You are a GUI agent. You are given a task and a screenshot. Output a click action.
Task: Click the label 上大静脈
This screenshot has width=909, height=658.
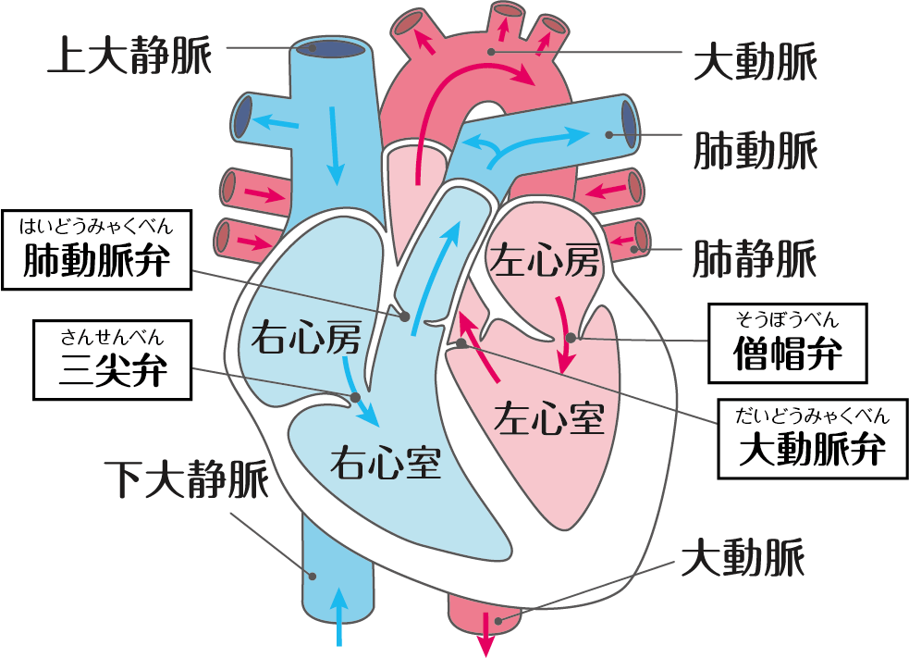pyautogui.click(x=129, y=56)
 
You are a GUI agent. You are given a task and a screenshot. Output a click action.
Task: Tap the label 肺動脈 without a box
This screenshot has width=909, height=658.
pyautogui.click(x=755, y=148)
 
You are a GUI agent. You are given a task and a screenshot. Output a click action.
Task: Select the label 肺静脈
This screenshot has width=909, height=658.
pyautogui.click(x=755, y=257)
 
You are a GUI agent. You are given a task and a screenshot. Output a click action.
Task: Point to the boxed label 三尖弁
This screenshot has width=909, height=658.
pyautogui.click(x=112, y=370)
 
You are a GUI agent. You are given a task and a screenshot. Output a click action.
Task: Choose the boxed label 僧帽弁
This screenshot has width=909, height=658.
pyautogui.click(x=787, y=353)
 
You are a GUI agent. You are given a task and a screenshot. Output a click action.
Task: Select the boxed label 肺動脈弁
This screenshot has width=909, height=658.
pyautogui.click(x=98, y=260)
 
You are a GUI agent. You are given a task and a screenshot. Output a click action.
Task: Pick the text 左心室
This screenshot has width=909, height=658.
pyautogui.click(x=549, y=418)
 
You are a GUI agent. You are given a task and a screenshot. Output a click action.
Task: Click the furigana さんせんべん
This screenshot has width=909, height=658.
pyautogui.click(x=112, y=335)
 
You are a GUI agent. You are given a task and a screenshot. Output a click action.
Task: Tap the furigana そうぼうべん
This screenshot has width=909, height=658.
pyautogui.click(x=787, y=320)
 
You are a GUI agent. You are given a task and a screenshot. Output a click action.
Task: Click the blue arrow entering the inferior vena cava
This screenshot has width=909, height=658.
pyautogui.click(x=340, y=615)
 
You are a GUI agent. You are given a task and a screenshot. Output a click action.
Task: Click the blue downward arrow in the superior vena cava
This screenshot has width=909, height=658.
pyautogui.click(x=335, y=143)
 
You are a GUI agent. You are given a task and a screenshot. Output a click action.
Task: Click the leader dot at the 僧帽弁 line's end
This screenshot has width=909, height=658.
pyautogui.click(x=571, y=338)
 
